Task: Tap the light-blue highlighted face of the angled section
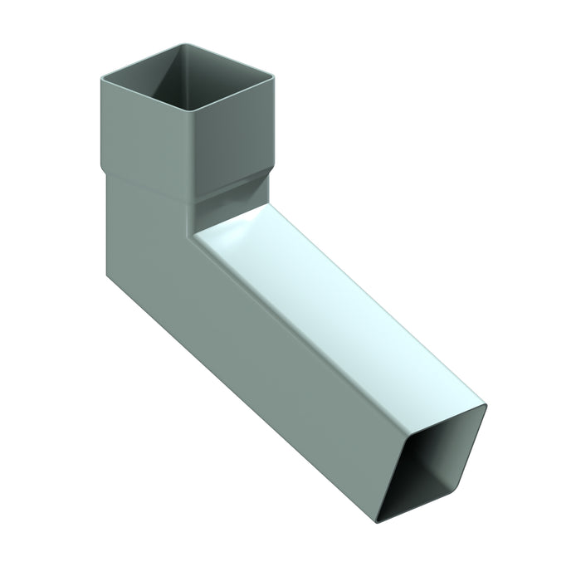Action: [332, 307]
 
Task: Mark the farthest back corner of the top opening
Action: [176, 46]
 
